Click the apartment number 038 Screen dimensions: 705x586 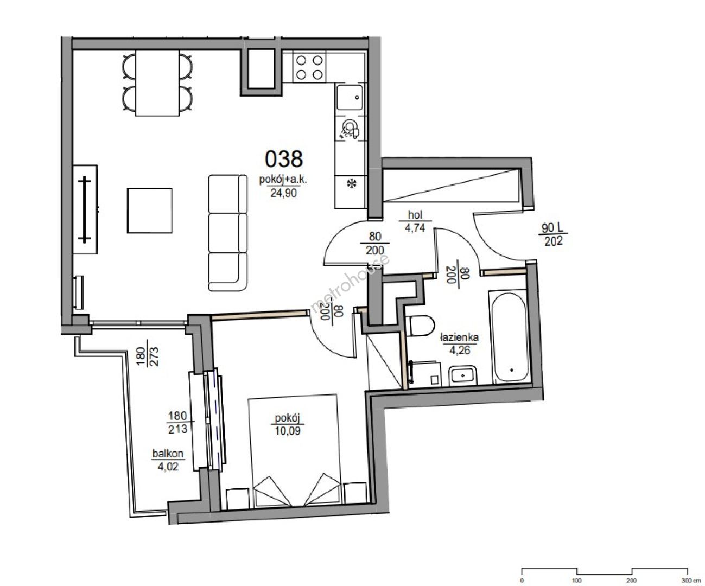click(284, 160)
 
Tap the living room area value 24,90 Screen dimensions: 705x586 click(284, 193)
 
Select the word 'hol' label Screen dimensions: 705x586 click(415, 214)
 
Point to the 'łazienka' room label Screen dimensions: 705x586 click(459, 337)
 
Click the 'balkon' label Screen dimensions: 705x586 click(168, 454)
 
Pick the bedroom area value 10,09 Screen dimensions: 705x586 click(288, 431)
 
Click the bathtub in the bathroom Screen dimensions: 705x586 click(509, 337)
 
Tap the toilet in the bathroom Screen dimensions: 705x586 click(420, 326)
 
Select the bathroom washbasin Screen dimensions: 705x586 click(462, 375)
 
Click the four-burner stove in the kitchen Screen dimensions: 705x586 click(309, 67)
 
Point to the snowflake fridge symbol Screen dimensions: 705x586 click(352, 184)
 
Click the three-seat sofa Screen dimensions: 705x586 click(228, 233)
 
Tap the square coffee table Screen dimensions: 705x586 click(150, 211)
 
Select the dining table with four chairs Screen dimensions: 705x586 click(157, 83)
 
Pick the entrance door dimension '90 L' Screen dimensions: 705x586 click(552, 228)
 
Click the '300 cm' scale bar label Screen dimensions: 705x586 click(689, 581)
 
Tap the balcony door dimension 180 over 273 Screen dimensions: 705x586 click(147, 357)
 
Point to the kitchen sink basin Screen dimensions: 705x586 click(350, 97)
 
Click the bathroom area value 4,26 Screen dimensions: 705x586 click(460, 350)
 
